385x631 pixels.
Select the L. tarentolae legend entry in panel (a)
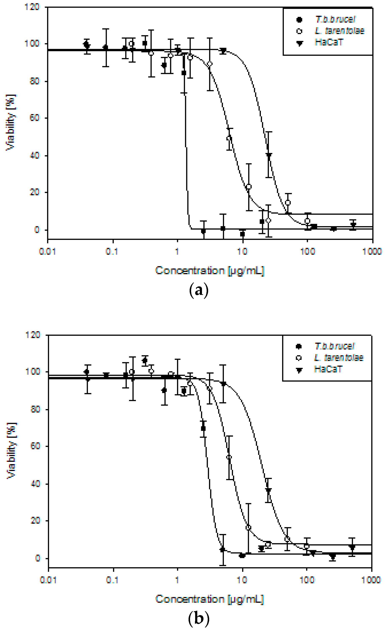[x=339, y=31]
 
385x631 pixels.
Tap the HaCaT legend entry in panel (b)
[x=328, y=369]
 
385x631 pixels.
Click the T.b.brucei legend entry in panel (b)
[x=334, y=346]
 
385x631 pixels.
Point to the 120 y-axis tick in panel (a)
[x=32, y=7]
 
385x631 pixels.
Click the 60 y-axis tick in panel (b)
[x=36, y=446]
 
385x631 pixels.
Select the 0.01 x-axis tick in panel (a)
[x=47, y=251]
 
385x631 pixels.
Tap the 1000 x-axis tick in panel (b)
[x=371, y=580]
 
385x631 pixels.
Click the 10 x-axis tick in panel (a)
[x=242, y=251]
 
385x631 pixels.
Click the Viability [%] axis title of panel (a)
[x=11, y=123]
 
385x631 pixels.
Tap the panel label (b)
[x=199, y=618]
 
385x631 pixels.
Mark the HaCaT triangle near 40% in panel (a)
[x=269, y=155]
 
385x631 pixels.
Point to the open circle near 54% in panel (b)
[x=229, y=457]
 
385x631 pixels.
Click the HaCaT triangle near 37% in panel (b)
[x=268, y=490]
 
